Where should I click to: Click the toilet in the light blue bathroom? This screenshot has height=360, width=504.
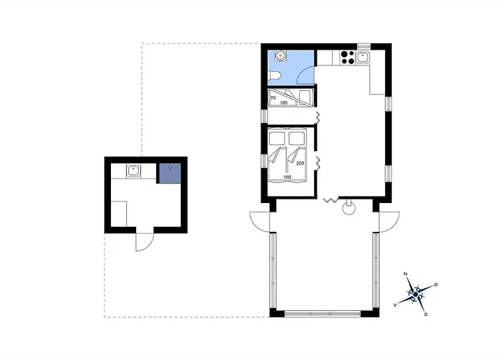click(x=275, y=75)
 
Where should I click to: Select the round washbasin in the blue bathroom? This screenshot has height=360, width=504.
click(x=281, y=55)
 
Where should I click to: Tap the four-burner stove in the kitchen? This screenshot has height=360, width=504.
click(x=348, y=57)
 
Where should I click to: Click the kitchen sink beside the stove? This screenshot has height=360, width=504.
click(x=363, y=58)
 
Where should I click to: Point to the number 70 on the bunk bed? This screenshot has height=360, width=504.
click(x=273, y=98)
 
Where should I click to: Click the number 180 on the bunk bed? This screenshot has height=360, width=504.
click(x=284, y=103)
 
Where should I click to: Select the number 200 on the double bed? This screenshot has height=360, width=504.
click(x=300, y=163)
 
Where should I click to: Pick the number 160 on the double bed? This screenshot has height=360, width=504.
click(x=287, y=177)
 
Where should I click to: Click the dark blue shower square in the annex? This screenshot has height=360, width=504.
click(x=170, y=174)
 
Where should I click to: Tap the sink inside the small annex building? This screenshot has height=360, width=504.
click(x=132, y=171)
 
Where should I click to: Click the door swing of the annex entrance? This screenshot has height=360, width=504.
click(x=145, y=242)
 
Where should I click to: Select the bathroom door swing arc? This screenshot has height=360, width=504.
click(x=305, y=75)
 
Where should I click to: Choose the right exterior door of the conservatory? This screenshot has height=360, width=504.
click(x=390, y=222)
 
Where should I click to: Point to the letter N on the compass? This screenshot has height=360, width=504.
click(x=405, y=274)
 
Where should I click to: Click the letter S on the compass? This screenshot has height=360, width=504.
click(x=426, y=315)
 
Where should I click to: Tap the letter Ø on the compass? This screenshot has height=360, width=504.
click(x=436, y=284)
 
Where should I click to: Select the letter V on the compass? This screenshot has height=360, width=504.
click(x=395, y=305)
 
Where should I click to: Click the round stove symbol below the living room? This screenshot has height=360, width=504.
click(x=348, y=207)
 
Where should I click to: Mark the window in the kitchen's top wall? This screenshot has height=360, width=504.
click(x=364, y=46)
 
